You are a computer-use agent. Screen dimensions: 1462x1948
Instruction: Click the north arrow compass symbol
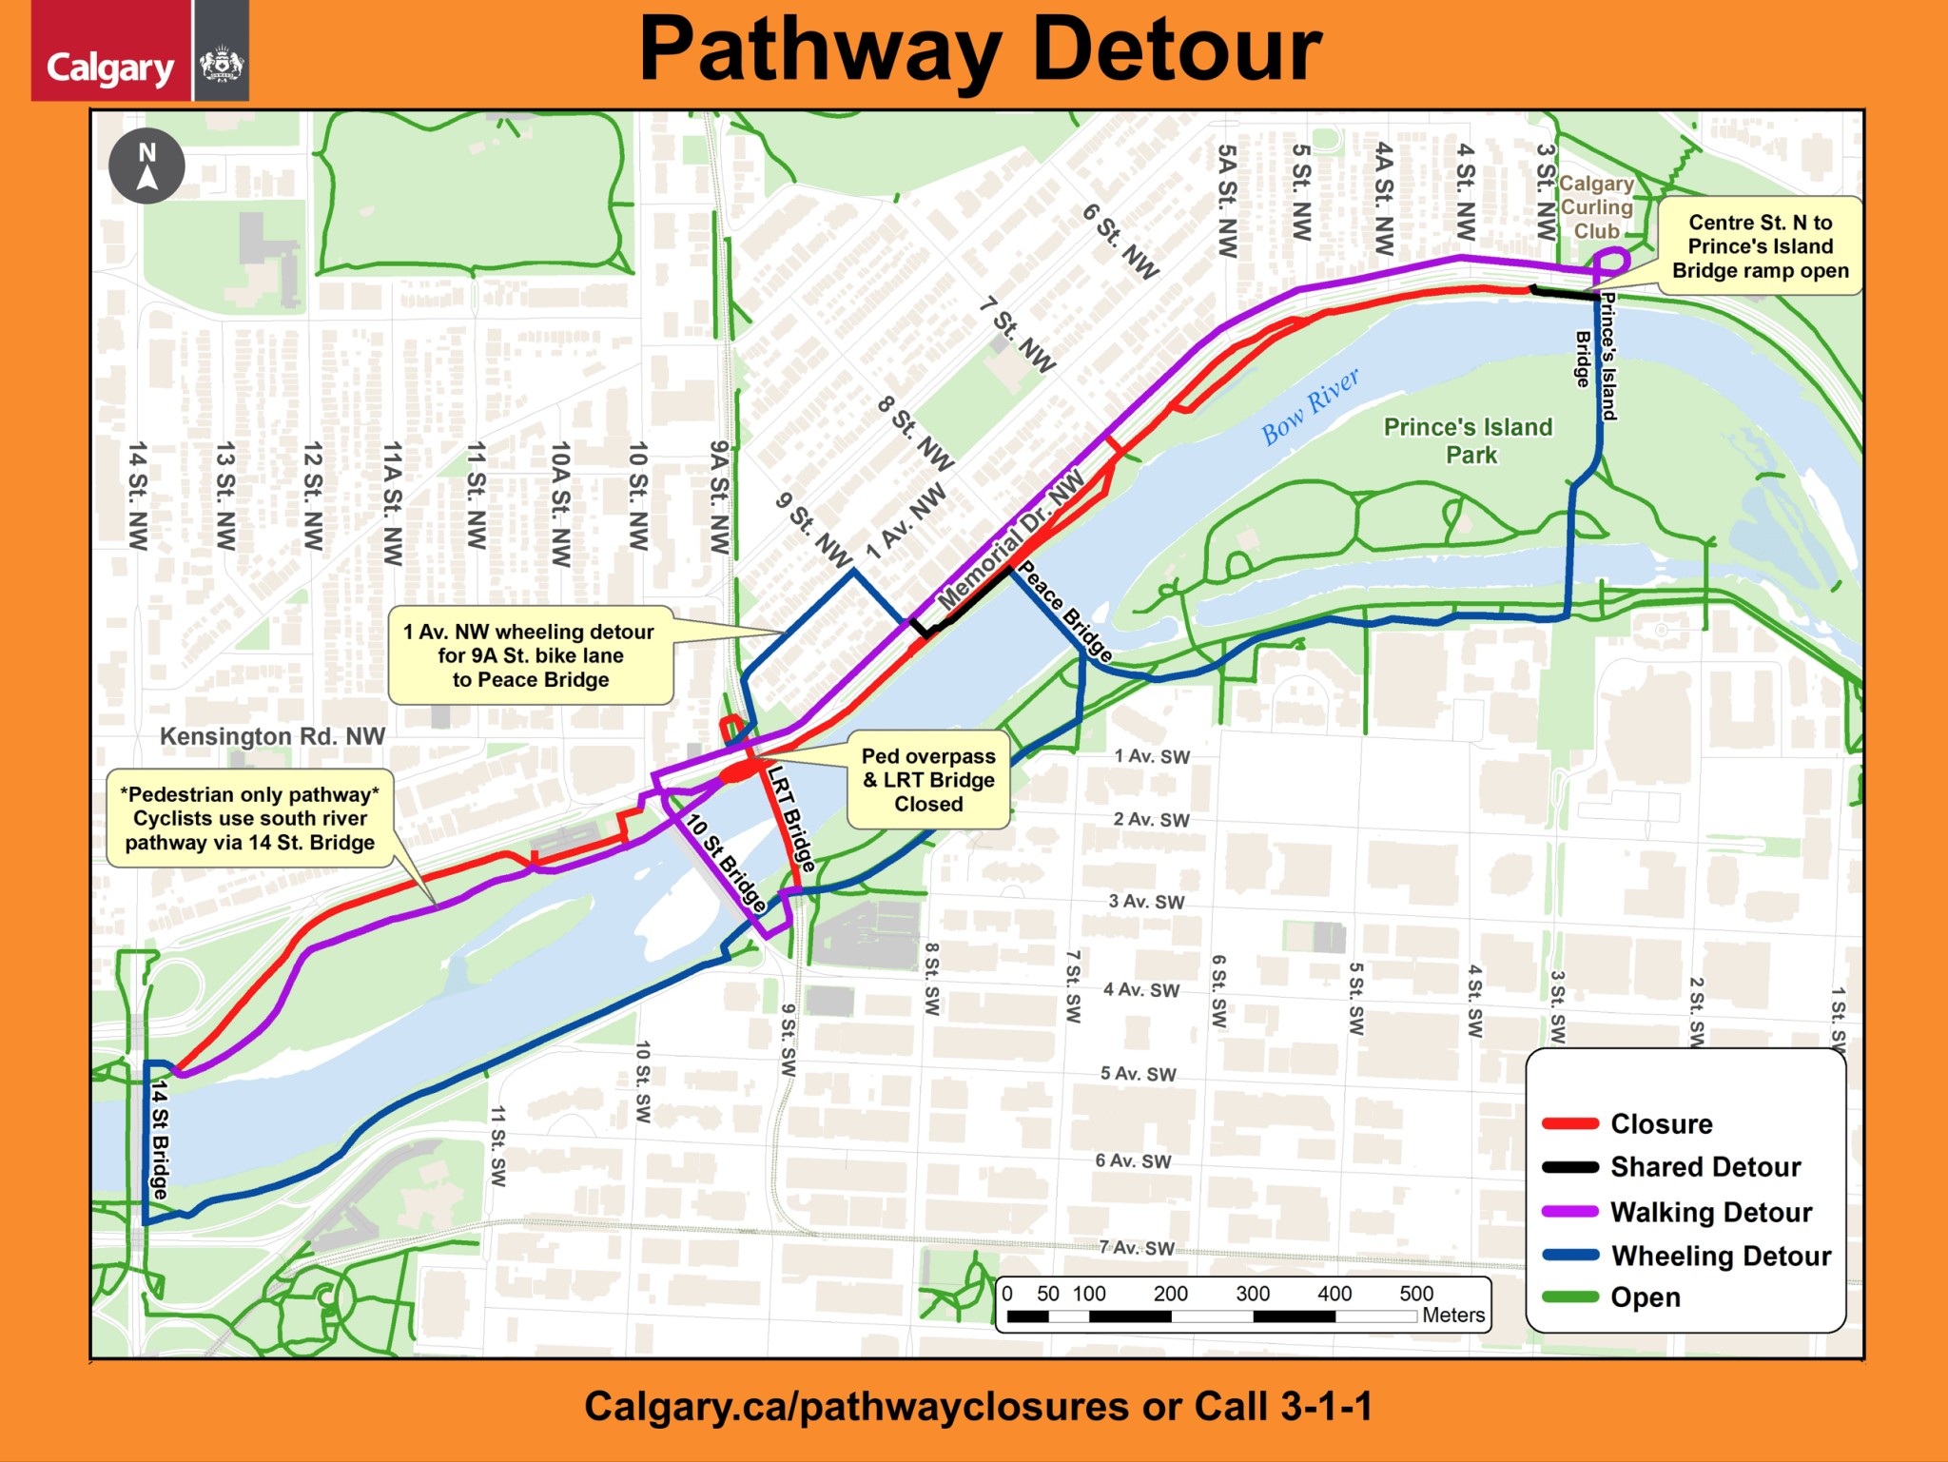[x=146, y=166]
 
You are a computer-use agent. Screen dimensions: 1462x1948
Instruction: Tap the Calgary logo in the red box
[x=110, y=68]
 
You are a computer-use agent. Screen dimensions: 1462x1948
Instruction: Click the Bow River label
[x=1310, y=406]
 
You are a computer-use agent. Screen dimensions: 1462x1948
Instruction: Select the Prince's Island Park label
[x=1468, y=440]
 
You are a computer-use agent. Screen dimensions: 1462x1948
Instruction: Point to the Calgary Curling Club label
[x=1595, y=207]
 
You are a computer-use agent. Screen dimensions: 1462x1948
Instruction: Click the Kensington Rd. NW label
[x=272, y=736]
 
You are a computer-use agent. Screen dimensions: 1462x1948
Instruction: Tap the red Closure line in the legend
[x=1570, y=1123]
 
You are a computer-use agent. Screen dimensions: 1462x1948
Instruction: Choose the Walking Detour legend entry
[x=1710, y=1212]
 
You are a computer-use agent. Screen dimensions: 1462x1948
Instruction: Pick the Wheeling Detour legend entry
[x=1720, y=1256]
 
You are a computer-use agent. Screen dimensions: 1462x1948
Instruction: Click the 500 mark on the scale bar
[x=1415, y=1294]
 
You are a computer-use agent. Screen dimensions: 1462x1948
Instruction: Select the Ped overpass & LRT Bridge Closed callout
[x=928, y=780]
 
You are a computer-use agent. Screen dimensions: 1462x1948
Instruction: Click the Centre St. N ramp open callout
[x=1760, y=246]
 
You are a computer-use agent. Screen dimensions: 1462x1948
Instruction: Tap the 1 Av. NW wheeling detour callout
[x=530, y=655]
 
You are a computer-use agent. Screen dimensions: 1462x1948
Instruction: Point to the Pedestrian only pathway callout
[x=250, y=818]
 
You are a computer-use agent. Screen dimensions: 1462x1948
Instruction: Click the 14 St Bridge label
[x=160, y=1139]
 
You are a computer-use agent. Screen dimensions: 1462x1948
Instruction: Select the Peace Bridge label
[x=1064, y=612]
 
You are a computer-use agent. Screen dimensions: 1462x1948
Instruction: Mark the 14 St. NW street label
[x=138, y=495]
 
